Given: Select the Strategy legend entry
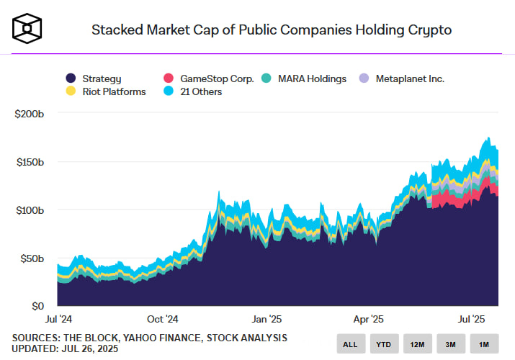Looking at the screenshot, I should tap(94, 78).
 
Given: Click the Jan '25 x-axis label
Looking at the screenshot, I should tap(267, 318).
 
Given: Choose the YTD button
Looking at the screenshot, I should tap(383, 344).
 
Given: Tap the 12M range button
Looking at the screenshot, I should tap(417, 344).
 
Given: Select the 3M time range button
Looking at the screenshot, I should tap(450, 344).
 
